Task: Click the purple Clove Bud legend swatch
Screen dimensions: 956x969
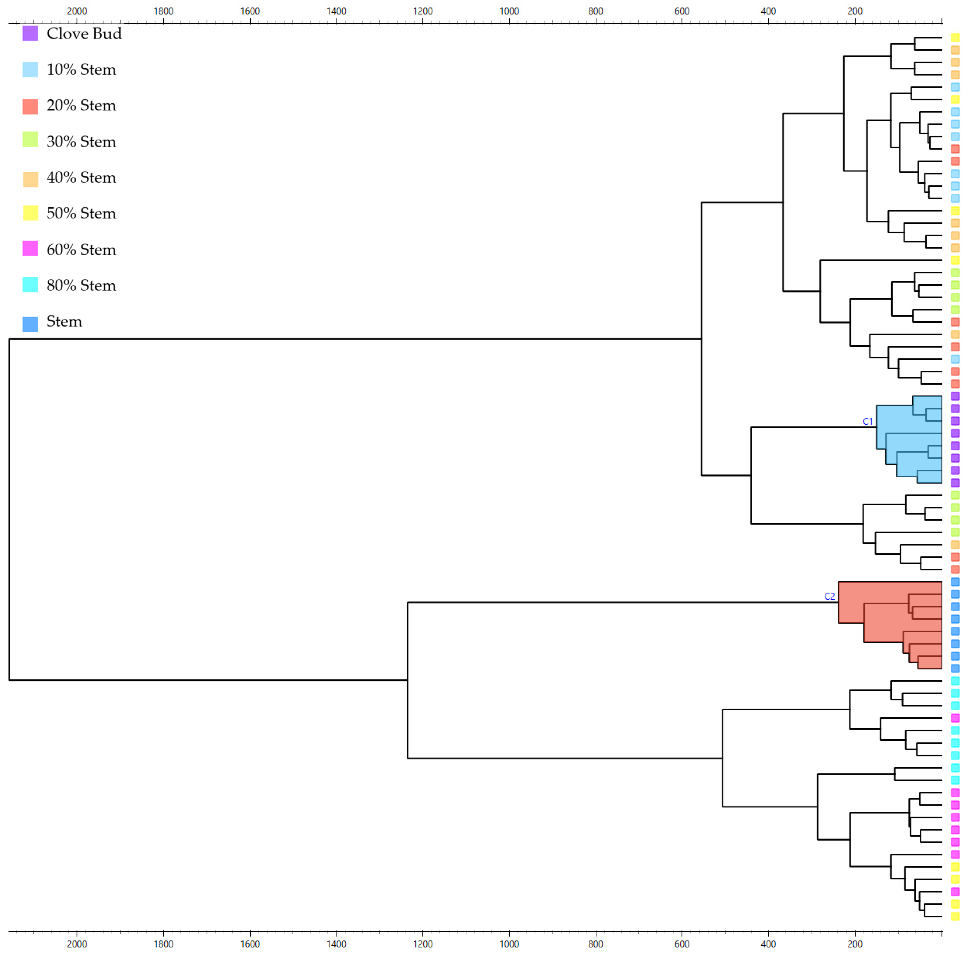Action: click(30, 34)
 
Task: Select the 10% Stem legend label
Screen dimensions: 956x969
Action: click(81, 70)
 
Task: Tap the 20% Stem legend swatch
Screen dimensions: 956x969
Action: click(30, 106)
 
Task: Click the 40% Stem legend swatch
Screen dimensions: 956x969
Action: click(30, 178)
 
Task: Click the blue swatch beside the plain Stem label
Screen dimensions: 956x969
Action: click(30, 324)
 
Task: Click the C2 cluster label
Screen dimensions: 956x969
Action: click(830, 596)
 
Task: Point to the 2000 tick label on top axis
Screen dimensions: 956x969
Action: click(77, 11)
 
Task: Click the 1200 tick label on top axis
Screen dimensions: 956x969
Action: click(423, 11)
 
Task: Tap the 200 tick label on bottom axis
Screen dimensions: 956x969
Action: click(855, 944)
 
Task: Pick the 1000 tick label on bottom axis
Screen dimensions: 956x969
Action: click(509, 944)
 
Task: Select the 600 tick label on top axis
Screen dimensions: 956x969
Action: click(682, 11)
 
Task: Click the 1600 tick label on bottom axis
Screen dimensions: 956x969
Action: click(250, 944)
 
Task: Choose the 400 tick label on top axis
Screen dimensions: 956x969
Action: click(768, 11)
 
